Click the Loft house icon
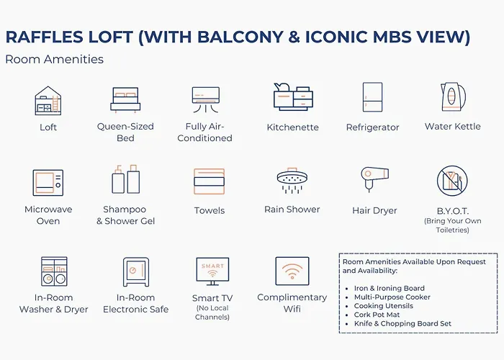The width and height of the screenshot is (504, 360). pos(48,101)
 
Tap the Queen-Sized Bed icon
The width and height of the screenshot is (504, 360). pos(125,100)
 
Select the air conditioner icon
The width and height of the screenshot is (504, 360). pos(206,99)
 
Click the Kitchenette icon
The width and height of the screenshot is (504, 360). pos(293,96)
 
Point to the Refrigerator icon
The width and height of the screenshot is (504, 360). pos(372,97)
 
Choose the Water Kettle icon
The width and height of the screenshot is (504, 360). pos(453,96)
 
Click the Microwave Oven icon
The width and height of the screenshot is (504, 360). pos(48,183)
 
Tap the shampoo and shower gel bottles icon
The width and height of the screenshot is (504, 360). pos(126,179)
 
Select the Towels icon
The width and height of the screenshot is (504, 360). pos(210,181)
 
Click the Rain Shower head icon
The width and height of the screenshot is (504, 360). pos(292,180)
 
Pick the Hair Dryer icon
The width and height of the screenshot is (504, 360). pos(375,179)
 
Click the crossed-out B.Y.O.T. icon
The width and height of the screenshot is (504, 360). pos(452,181)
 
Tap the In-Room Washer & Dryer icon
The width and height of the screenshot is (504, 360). pos(54,271)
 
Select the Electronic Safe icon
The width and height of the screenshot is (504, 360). pos(136,271)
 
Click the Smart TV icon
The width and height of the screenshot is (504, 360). pos(212,271)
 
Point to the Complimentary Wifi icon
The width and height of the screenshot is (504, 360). pos(292,271)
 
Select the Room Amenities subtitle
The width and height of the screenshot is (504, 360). pos(54,59)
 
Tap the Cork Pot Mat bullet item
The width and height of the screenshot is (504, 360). pos(377,315)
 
